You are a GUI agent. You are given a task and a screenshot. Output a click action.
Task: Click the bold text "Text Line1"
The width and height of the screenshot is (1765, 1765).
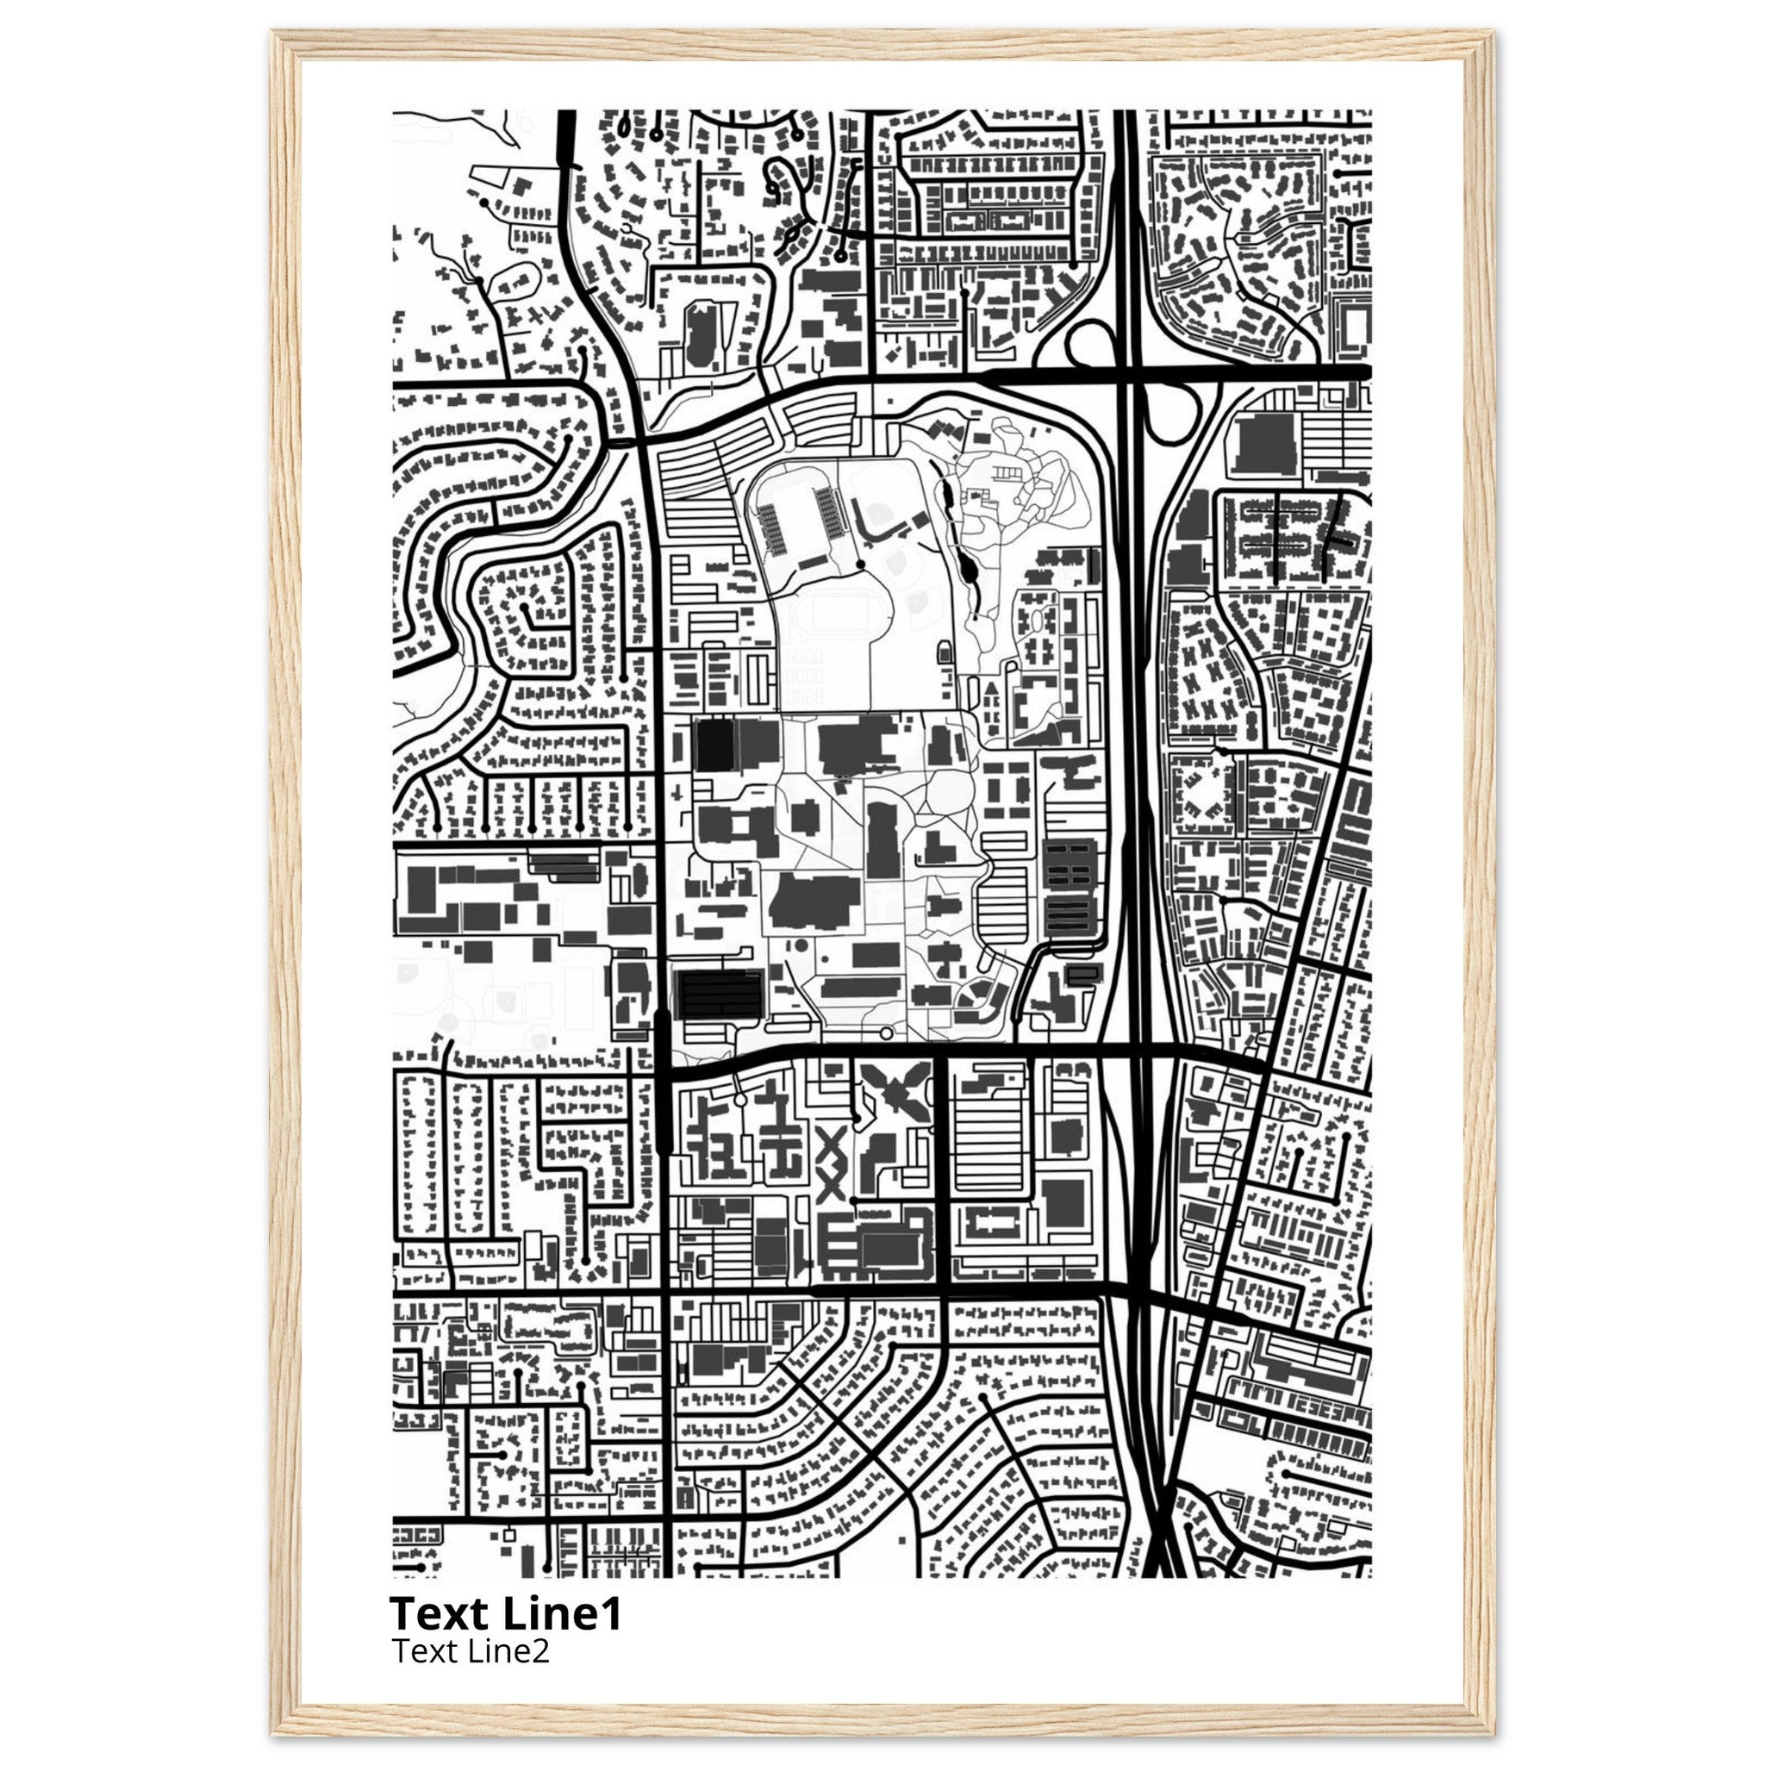pyautogui.click(x=505, y=1613)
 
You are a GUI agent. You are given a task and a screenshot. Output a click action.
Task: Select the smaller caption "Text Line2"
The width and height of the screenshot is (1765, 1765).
pyautogui.click(x=471, y=1650)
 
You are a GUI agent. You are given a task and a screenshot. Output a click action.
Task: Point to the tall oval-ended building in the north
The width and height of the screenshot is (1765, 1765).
pyautogui.click(x=700, y=338)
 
